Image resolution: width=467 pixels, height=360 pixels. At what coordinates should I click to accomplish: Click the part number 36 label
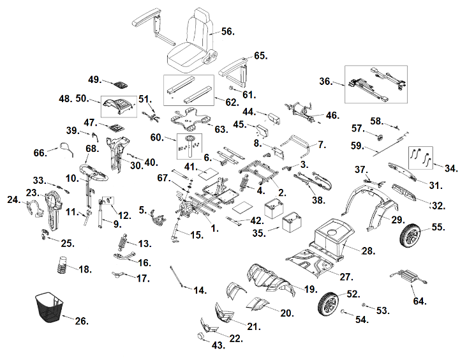[326, 82]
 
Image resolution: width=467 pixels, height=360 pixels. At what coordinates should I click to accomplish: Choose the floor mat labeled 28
[331, 232]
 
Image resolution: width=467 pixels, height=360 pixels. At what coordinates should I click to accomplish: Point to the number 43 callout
[219, 345]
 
